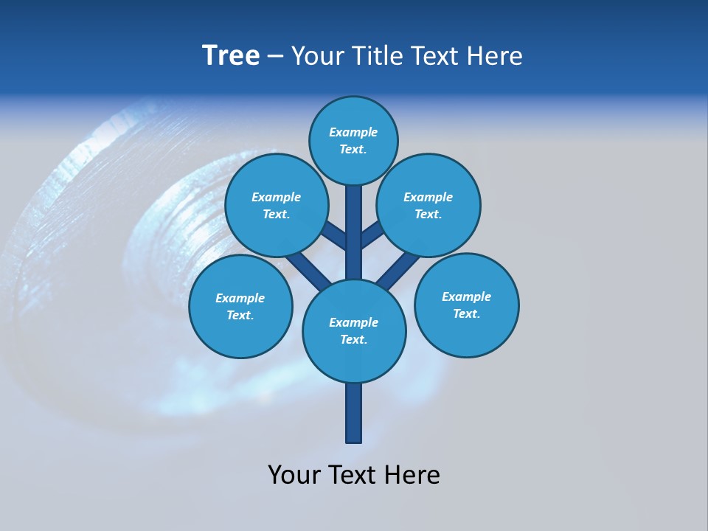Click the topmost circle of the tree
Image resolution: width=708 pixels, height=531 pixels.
(353, 140)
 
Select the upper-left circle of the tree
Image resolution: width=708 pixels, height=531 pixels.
(277, 205)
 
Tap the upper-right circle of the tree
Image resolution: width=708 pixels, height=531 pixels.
(428, 205)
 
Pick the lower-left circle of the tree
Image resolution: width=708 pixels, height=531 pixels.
(240, 306)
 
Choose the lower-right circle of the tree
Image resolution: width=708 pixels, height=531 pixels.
(467, 305)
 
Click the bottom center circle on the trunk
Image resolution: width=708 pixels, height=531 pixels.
(354, 330)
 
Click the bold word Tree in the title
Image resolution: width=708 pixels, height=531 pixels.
(231, 55)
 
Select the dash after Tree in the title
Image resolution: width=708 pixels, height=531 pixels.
(275, 56)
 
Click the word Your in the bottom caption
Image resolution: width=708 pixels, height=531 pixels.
(294, 475)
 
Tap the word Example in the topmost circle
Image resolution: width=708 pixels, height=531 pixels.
(353, 133)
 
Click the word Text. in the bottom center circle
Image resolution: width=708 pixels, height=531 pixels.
(353, 340)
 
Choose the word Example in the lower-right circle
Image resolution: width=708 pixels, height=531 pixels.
(466, 296)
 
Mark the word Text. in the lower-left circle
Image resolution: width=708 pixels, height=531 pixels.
(240, 316)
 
